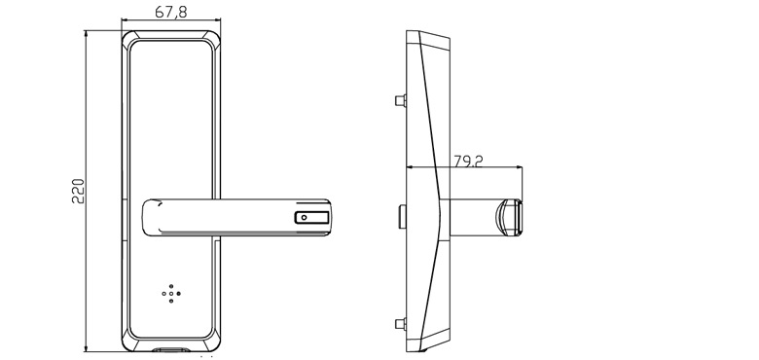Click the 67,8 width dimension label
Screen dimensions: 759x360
[171, 12]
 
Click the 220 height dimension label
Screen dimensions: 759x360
[79, 191]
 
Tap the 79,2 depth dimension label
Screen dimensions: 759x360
[468, 162]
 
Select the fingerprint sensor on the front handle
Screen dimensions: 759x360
[311, 218]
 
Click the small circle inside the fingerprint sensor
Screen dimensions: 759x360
[304, 218]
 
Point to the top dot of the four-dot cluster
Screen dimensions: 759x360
[171, 286]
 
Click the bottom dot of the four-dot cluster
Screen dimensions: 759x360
[171, 301]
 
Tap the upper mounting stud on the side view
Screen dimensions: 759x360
[400, 100]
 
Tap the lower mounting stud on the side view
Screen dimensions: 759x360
[400, 324]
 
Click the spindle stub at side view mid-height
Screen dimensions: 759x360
[402, 216]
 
